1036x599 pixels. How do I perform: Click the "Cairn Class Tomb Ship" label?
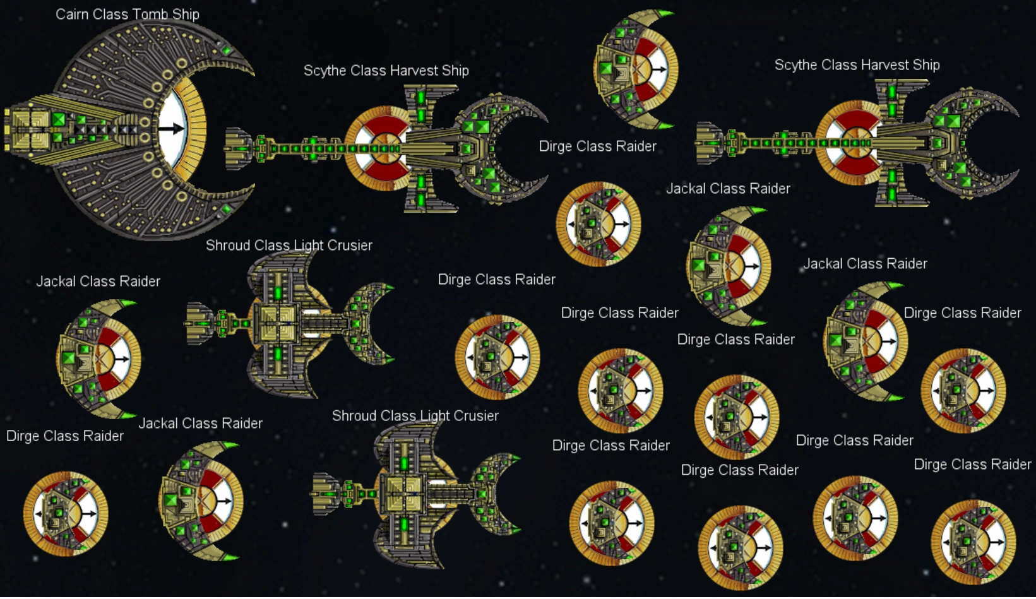(x=127, y=15)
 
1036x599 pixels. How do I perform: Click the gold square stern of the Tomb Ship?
(x=28, y=130)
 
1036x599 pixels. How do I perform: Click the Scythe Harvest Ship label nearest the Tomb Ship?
(x=386, y=71)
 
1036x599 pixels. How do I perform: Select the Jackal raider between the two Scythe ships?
(x=636, y=69)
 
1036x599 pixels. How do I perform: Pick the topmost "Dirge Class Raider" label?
(x=597, y=146)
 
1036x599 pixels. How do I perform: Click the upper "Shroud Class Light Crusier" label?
(x=289, y=246)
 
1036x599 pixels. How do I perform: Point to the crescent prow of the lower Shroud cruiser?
(x=499, y=494)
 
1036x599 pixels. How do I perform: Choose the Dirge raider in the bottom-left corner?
(x=66, y=514)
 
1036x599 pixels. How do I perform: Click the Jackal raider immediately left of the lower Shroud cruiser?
(x=201, y=502)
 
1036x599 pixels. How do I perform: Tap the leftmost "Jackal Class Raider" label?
(x=98, y=282)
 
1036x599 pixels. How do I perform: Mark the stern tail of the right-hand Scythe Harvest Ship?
(x=710, y=143)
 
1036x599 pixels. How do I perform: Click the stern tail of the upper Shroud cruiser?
(x=199, y=323)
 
